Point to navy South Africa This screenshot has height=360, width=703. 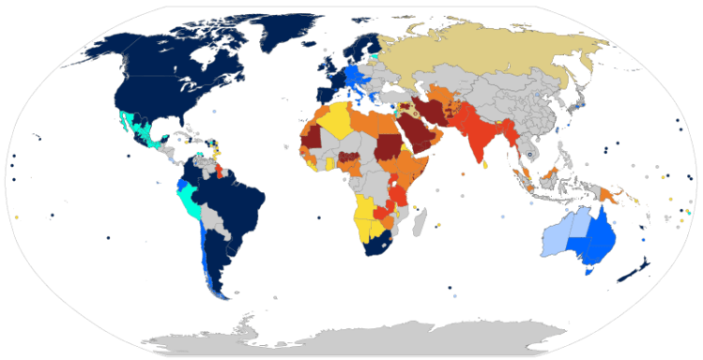point(381,247)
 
